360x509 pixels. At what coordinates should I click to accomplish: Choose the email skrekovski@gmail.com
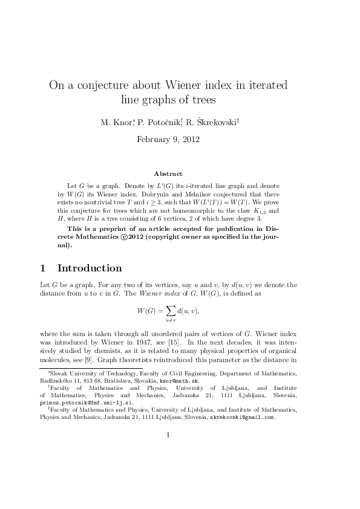click(x=242, y=417)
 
